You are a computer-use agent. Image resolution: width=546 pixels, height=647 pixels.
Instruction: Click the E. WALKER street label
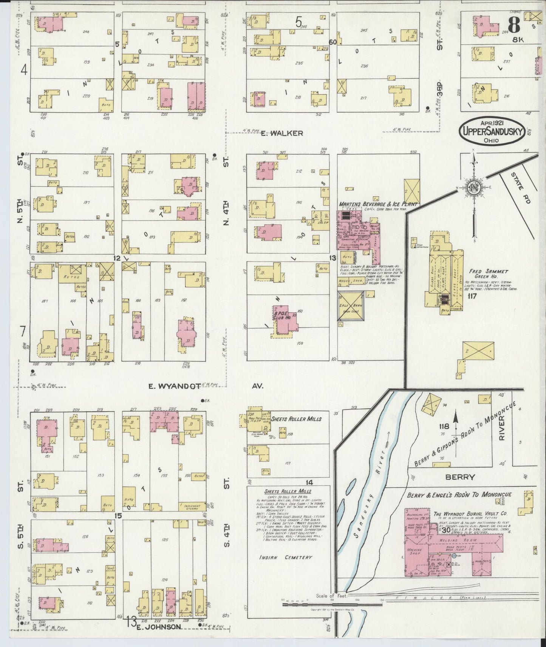coord(282,133)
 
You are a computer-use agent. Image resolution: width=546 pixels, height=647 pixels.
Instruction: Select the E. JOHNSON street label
coord(159,627)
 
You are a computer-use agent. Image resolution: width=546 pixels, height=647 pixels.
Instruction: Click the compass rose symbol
coord(473,188)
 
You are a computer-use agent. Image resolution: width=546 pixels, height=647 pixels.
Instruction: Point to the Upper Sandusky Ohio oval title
coord(492,131)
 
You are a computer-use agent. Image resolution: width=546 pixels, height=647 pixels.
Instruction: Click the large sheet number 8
coord(515,25)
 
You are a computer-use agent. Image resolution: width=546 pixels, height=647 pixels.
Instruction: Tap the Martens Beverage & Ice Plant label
coord(378,204)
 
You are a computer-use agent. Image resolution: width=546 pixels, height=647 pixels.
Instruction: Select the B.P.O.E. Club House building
coord(282,315)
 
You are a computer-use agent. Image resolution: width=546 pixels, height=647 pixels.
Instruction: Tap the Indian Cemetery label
coord(286,557)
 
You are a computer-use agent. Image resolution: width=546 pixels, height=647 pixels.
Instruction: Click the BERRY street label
coord(459,477)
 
